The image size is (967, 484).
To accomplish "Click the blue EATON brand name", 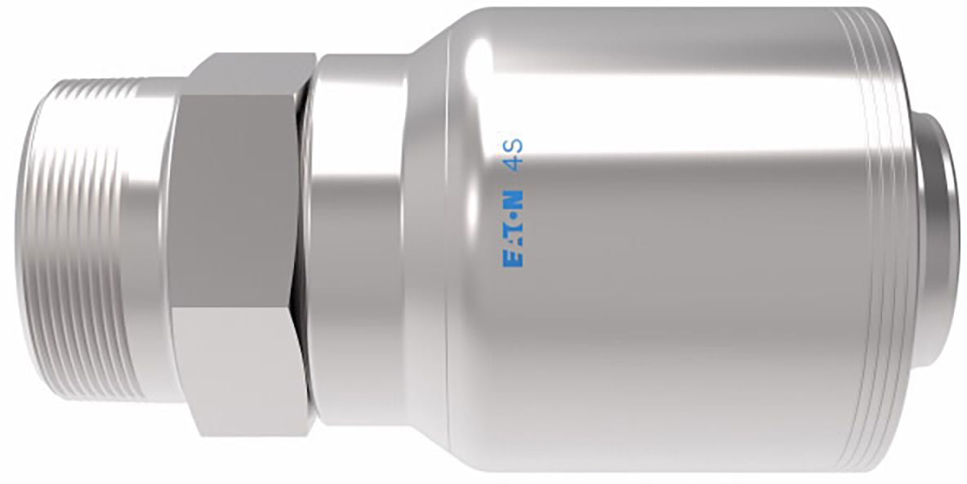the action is click(513, 228).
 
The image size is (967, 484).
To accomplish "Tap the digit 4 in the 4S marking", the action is click(514, 163).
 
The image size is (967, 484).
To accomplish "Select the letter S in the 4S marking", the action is click(514, 145).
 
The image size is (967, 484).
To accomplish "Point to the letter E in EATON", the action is click(513, 259).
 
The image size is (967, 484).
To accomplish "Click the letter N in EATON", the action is click(513, 199).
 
